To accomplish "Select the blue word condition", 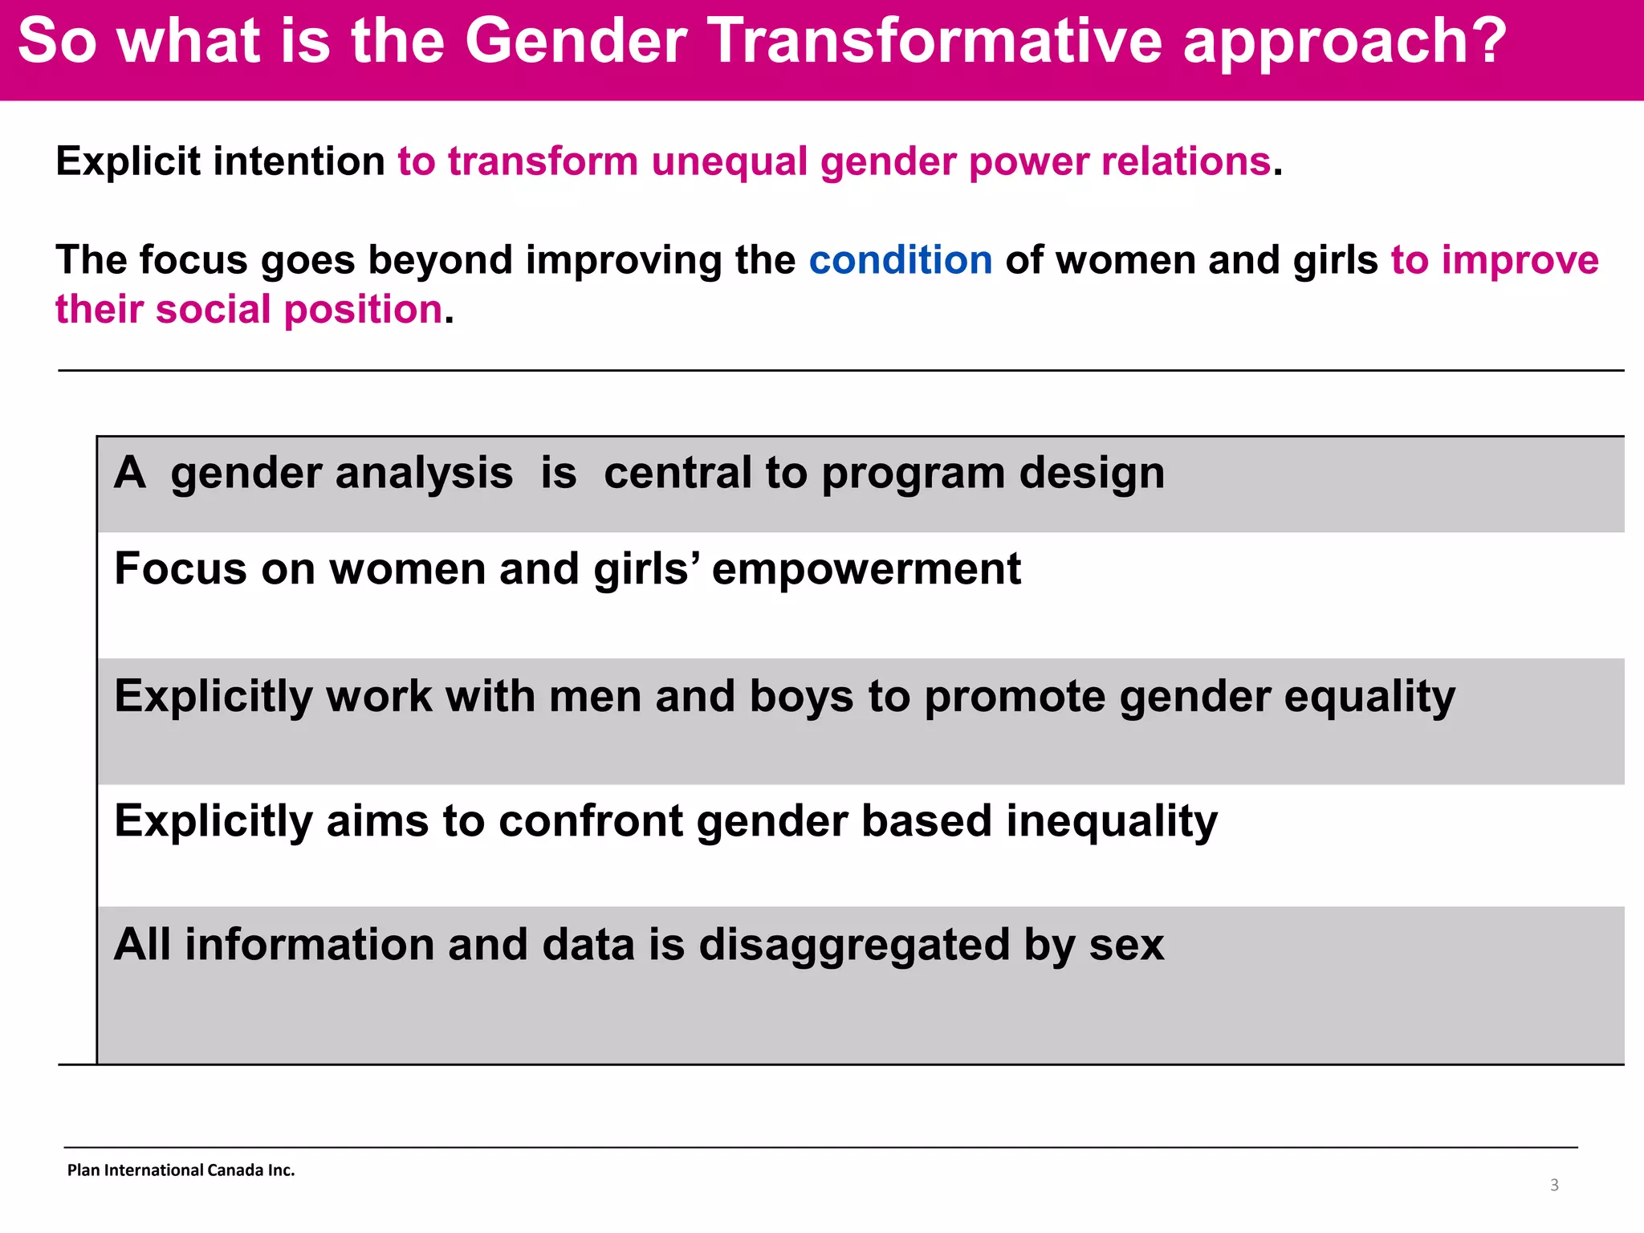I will pyautogui.click(x=900, y=260).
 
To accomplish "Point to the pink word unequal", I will pyautogui.click(x=729, y=161).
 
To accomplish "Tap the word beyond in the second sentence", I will pyautogui.click(x=440, y=260).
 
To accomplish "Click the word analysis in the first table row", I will pyautogui.click(x=424, y=473).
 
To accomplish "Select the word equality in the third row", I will pyautogui.click(x=1369, y=696).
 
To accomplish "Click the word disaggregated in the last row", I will pyautogui.click(x=854, y=945).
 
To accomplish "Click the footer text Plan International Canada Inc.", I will pyautogui.click(x=181, y=1170).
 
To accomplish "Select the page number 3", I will pyautogui.click(x=1554, y=1185).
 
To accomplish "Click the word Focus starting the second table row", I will pyautogui.click(x=181, y=569).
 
